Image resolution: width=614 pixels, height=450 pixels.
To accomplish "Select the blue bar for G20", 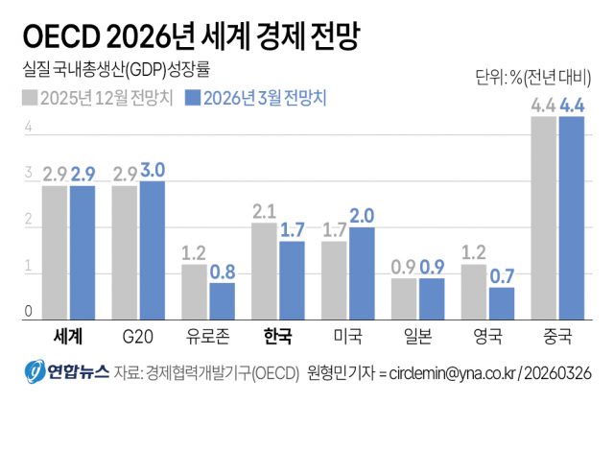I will [153, 250].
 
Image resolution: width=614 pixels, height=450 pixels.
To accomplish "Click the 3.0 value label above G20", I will [153, 170].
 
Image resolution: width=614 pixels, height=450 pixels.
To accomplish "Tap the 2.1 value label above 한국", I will [264, 211].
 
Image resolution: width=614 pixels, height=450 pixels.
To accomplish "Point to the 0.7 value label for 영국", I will [502, 276].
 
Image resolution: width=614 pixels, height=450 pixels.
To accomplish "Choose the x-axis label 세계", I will [68, 337].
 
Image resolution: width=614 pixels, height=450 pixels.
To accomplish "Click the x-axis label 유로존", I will [208, 337].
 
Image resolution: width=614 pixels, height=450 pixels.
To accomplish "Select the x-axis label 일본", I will [417, 337].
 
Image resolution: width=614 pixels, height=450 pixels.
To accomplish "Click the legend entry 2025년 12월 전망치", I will [98, 98].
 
